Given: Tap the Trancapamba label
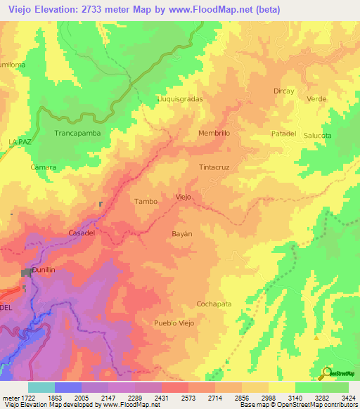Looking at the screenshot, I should (78, 132).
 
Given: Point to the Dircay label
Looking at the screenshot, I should (283, 91).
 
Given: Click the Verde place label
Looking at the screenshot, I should (317, 99).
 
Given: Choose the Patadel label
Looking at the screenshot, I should (285, 134).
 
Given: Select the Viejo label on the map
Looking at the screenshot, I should (183, 197).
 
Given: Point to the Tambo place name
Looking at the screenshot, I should (146, 201).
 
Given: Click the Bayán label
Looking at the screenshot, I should (181, 232).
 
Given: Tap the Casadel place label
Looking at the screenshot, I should (82, 233).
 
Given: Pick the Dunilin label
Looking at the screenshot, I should (44, 270).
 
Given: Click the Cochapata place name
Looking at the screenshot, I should (214, 304).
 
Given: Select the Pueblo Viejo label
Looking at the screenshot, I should (178, 323).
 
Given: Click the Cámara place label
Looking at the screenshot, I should (44, 167).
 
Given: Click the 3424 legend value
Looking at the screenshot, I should (348, 398).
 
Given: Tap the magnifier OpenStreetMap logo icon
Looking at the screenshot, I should (327, 372).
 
